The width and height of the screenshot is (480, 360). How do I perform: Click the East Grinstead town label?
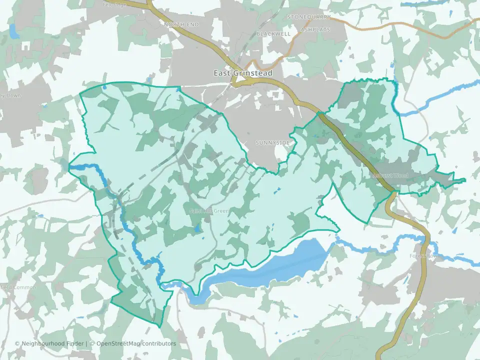pyautogui.click(x=243, y=73)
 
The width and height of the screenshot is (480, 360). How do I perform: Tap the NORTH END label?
pyautogui.click(x=181, y=24)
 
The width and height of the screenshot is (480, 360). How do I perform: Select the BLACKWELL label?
pyautogui.click(x=273, y=33)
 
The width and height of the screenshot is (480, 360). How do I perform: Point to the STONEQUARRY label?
pyautogui.click(x=309, y=17)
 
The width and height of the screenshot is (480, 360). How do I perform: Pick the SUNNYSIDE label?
pyautogui.click(x=272, y=143)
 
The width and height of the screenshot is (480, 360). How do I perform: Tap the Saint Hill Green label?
pyautogui.click(x=209, y=211)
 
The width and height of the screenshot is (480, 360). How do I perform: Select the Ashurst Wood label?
pyautogui.click(x=391, y=176)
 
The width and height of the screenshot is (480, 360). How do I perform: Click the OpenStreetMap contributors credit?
pyautogui.click(x=136, y=343)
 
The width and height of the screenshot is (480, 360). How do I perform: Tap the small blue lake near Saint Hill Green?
pyautogui.click(x=196, y=228)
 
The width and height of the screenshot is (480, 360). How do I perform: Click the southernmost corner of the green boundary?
pyautogui.click(x=159, y=327)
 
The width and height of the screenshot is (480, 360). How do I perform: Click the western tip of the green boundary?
pyautogui.click(x=69, y=164)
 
